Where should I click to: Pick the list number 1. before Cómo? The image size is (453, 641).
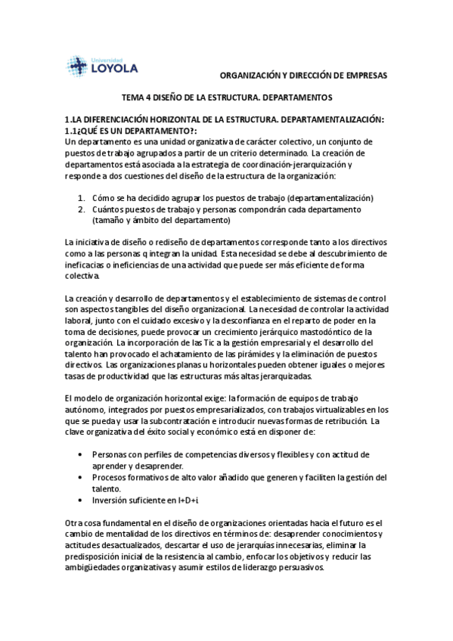coord(82,198)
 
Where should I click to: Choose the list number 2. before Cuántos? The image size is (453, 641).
coord(82,209)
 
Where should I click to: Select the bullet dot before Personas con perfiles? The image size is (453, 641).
coord(81,455)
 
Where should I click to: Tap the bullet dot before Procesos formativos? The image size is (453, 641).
coord(81,478)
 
